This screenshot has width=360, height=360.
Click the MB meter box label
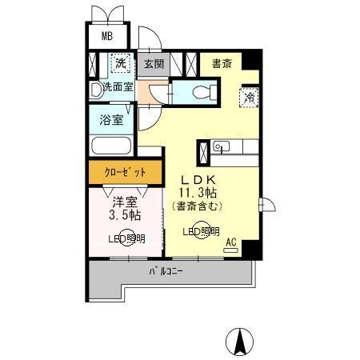(x=106, y=37)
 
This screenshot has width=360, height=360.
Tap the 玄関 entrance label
(x=154, y=63)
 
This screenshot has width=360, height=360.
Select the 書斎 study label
(x=222, y=62)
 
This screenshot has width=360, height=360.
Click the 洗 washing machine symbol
(x=120, y=63)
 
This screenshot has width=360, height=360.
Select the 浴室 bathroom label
(x=111, y=121)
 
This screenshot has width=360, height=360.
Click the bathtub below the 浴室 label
(x=111, y=147)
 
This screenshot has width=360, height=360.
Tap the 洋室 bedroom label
(x=124, y=202)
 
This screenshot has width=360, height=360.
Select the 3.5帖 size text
(x=124, y=215)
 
